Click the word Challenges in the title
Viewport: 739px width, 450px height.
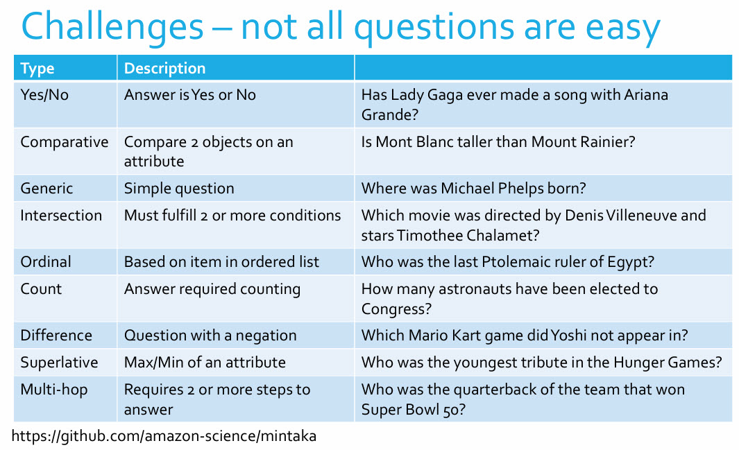coord(112,28)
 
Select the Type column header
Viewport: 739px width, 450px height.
coord(37,68)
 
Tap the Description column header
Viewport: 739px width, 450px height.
coord(164,68)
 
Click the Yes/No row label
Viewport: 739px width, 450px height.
coord(44,95)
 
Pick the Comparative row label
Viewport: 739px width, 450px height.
coord(65,142)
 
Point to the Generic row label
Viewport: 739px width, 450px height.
coord(46,189)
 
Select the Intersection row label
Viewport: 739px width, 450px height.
coord(61,216)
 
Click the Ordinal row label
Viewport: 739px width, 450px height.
coord(46,262)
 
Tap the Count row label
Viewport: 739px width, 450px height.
coord(41,289)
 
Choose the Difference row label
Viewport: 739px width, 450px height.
coord(56,336)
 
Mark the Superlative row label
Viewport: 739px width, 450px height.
coord(59,363)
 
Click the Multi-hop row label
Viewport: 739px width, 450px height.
coord(54,390)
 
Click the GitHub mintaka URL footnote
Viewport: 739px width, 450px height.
coord(164,437)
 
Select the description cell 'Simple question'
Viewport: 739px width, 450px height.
coord(179,189)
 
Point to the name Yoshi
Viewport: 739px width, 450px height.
coord(569,336)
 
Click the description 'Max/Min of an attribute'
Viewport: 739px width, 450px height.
coord(205,363)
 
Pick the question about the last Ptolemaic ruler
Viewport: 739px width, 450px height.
coord(508,262)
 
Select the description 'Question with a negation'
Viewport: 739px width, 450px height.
coord(210,336)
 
